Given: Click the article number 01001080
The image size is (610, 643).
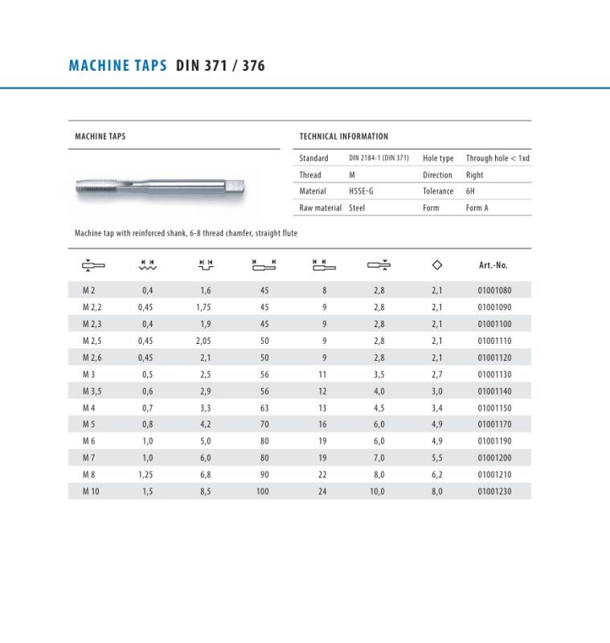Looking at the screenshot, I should click(x=493, y=290).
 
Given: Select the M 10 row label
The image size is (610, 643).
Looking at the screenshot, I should click(x=91, y=491).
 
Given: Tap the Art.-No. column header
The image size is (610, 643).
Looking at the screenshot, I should click(x=493, y=265).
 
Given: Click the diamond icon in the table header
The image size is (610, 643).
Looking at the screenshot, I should click(x=436, y=264).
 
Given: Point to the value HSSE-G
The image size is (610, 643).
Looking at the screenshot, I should click(x=361, y=191).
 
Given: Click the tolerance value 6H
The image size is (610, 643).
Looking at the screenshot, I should click(x=471, y=191).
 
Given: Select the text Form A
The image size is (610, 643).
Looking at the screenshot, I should click(x=477, y=208).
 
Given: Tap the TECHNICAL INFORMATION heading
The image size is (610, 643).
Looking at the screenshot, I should click(x=343, y=137).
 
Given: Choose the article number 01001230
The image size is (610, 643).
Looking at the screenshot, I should click(x=493, y=491).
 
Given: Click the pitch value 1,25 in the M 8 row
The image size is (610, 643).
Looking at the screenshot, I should click(x=145, y=474).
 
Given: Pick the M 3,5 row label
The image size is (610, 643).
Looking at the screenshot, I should click(x=92, y=391).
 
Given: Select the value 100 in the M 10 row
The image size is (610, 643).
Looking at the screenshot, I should click(x=263, y=491).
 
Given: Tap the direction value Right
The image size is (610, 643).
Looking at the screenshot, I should click(x=474, y=175).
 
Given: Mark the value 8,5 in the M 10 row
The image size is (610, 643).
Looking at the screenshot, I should click(x=205, y=491).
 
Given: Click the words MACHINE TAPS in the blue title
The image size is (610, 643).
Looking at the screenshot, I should click(x=117, y=66).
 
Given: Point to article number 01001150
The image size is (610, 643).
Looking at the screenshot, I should click(x=493, y=408).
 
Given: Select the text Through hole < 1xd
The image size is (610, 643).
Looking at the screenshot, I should click(x=497, y=158).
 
